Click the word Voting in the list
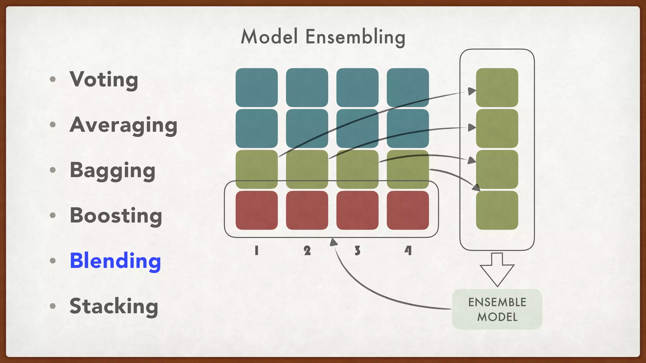click(x=104, y=79)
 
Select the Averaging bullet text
click(x=123, y=125)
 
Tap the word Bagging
click(x=113, y=170)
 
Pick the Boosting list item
click(x=116, y=216)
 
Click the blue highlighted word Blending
click(x=115, y=261)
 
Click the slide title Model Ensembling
click(x=323, y=37)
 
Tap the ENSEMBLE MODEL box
click(x=497, y=309)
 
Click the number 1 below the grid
click(x=257, y=251)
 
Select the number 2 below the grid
click(x=307, y=251)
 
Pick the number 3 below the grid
click(x=357, y=251)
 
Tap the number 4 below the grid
click(x=408, y=251)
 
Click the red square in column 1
click(x=257, y=210)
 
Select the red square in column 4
click(x=408, y=210)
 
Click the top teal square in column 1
click(x=257, y=87)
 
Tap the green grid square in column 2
click(x=307, y=169)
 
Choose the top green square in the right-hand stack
click(x=497, y=87)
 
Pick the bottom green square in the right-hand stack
click(x=497, y=210)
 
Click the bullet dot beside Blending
click(x=53, y=261)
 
